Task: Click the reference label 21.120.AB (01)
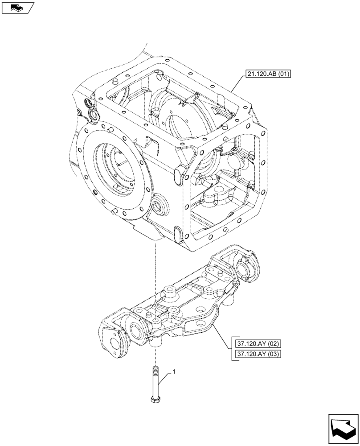(267, 74)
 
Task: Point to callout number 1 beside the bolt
(174, 372)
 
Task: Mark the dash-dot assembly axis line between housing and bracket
(155, 268)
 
